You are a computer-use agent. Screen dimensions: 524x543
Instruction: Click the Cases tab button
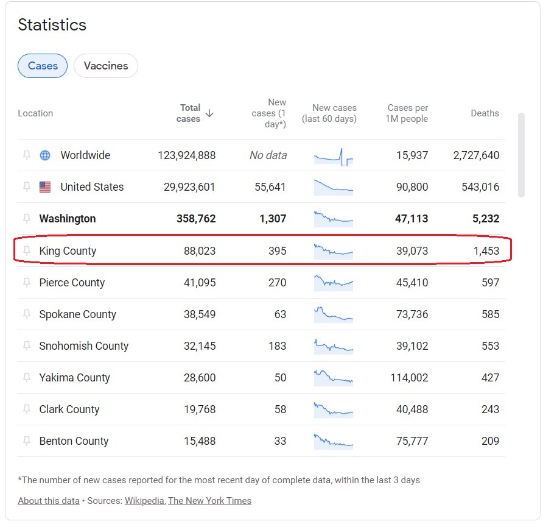(43, 66)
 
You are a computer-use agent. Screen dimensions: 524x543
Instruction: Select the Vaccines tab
(106, 66)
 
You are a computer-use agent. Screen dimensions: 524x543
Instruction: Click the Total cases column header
(189, 113)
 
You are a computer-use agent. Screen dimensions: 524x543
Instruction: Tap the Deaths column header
(485, 113)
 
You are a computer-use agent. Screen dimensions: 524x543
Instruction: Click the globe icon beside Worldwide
(45, 155)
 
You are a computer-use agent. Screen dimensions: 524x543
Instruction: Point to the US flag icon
(45, 187)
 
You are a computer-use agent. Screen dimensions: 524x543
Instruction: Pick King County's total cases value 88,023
(200, 250)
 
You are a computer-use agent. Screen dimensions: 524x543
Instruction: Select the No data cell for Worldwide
(268, 155)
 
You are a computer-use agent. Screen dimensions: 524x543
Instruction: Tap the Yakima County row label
(74, 378)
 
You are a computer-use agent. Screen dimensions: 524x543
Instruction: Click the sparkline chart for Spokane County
(333, 314)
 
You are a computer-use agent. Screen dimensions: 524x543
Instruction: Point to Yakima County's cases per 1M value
(409, 378)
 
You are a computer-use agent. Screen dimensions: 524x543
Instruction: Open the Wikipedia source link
(144, 501)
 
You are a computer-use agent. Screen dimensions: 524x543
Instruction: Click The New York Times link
(209, 501)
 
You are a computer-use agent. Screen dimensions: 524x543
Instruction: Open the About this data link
(49, 501)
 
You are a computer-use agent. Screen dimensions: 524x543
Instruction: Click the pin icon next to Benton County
(27, 441)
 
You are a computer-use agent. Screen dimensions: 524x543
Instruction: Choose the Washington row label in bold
(68, 219)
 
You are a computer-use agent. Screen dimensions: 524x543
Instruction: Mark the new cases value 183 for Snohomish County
(277, 345)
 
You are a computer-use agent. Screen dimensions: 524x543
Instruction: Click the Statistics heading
(52, 25)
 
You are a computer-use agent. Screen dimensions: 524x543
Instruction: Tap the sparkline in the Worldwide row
(333, 157)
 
